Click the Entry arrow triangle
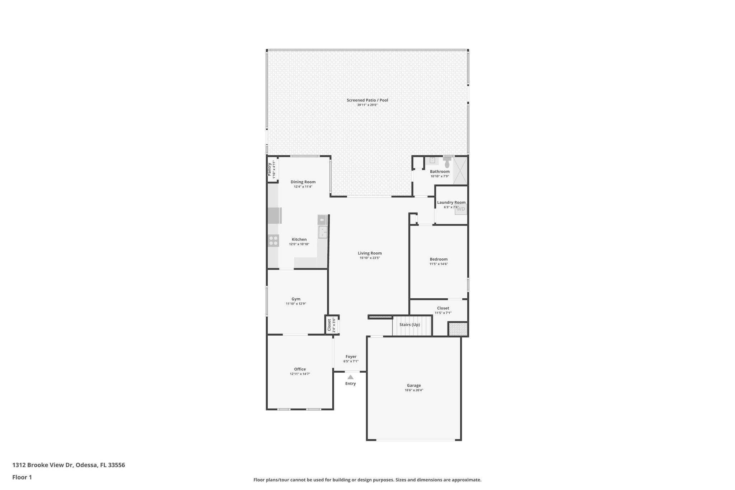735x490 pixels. pos(350,377)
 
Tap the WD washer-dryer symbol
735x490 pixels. pos(461,209)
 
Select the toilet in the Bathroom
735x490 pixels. pos(447,164)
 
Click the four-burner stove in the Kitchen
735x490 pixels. pos(273,241)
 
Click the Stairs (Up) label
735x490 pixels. pos(409,325)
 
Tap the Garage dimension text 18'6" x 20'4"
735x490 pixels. pos(414,390)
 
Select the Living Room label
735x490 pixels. pos(370,253)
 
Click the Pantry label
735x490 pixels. pos(269,169)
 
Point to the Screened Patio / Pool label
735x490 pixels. pos(367,100)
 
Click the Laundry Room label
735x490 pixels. pos(451,202)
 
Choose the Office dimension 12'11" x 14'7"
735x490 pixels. pos(300,374)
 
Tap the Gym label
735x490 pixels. pos(296,299)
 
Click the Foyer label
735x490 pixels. pos(351,356)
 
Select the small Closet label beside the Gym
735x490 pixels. pos(329,325)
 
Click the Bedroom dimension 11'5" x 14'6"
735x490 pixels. pos(439,264)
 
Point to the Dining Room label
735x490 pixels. pos(303,182)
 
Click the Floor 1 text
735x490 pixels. pos(22,477)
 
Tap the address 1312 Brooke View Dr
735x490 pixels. pos(43,465)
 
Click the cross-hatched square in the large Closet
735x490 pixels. pos(458,329)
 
